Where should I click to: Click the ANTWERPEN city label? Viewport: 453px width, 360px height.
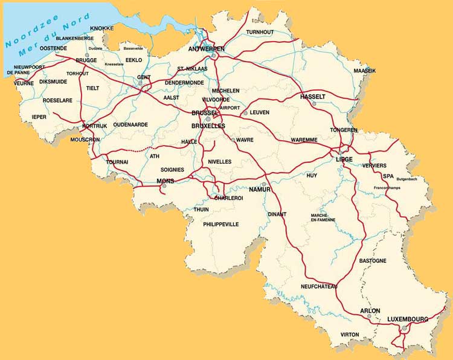click(x=207, y=48)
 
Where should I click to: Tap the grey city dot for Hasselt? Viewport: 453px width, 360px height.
click(x=314, y=104)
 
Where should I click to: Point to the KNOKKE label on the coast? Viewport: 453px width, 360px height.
click(x=101, y=28)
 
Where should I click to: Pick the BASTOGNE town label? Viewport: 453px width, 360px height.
click(x=373, y=260)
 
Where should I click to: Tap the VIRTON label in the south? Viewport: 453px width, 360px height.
click(x=349, y=334)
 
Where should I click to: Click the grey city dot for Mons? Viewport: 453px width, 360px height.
click(x=164, y=187)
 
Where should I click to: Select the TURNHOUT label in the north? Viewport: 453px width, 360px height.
click(x=260, y=31)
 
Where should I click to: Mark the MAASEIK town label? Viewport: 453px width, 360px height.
click(x=364, y=71)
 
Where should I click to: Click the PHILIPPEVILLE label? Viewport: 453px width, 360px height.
click(x=221, y=224)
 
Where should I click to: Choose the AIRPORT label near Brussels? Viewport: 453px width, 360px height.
click(x=230, y=108)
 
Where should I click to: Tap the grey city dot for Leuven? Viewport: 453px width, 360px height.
click(x=245, y=112)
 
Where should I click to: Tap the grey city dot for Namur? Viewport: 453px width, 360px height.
click(x=264, y=184)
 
